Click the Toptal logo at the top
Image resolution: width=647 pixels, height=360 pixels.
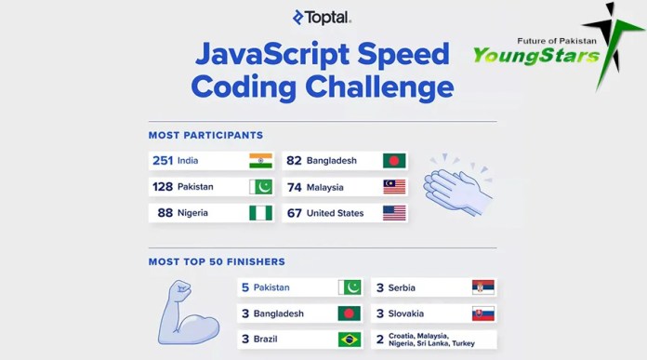[x=322, y=16]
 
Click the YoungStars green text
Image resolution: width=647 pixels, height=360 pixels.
[x=536, y=57]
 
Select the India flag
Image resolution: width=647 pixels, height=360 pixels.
[x=260, y=160]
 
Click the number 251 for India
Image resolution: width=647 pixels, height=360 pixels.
[x=163, y=161]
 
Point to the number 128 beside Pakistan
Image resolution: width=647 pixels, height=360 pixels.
[x=163, y=187]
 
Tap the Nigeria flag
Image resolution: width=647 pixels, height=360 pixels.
[x=260, y=213]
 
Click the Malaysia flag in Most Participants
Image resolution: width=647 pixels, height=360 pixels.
[x=394, y=187]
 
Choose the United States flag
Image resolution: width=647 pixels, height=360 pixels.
[x=394, y=213]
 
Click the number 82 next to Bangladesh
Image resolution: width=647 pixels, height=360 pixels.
[x=294, y=161]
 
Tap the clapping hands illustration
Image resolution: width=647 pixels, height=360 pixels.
[x=457, y=185]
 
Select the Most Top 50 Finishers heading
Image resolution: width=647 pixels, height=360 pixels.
[x=217, y=262]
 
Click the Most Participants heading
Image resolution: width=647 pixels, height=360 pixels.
[x=205, y=136]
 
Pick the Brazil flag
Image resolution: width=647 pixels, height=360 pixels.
[x=349, y=340]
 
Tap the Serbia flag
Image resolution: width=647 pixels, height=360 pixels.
[x=483, y=287]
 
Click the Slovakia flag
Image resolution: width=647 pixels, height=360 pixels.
[x=483, y=313]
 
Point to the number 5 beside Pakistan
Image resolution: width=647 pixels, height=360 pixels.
[x=245, y=288]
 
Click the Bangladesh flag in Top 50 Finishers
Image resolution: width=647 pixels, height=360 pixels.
[x=349, y=313]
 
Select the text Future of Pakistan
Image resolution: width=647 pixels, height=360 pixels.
[x=557, y=41]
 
